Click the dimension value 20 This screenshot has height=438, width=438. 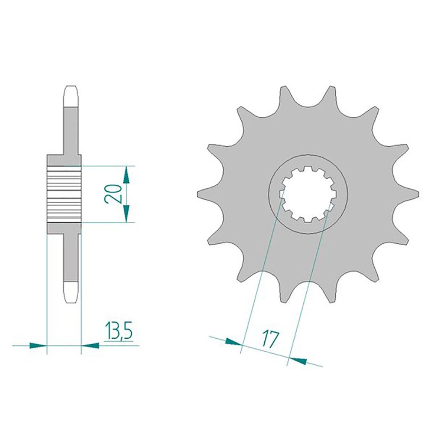click(x=113, y=194)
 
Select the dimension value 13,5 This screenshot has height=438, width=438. click(x=119, y=331)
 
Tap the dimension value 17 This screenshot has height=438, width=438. click(x=270, y=339)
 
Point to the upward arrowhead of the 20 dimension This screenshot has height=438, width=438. click(x=127, y=175)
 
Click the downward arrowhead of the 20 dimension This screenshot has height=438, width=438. click(x=127, y=213)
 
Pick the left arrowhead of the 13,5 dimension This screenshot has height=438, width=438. click(x=38, y=346)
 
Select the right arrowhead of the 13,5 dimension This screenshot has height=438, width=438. click(x=90, y=346)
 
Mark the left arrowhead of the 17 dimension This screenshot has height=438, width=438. click(x=233, y=342)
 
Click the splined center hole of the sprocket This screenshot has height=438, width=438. click(x=308, y=194)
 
